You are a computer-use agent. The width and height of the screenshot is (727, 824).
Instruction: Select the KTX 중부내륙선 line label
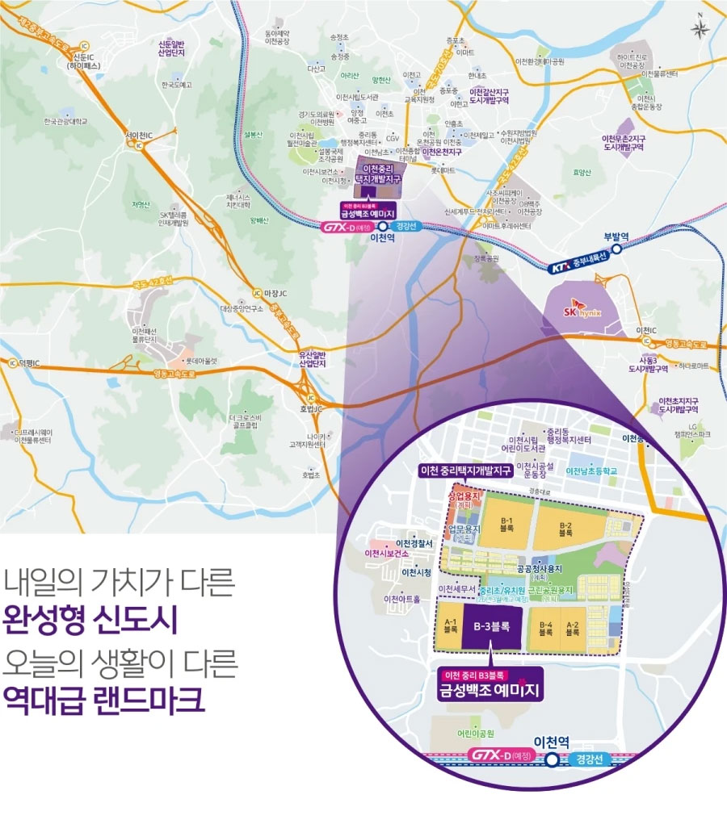tap(578, 265)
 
